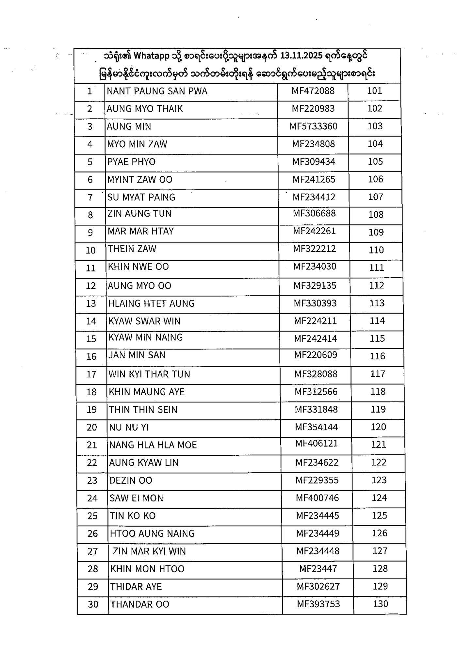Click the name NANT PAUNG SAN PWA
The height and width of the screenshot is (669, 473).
[157, 91]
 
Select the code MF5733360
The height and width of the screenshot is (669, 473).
[313, 126]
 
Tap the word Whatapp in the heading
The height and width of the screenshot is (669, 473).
[152, 56]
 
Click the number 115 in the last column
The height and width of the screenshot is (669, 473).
[377, 338]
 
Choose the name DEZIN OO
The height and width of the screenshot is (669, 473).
[131, 481]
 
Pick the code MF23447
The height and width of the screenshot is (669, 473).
[318, 569]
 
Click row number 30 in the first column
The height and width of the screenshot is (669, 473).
[93, 604]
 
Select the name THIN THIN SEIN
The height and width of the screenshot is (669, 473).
[143, 410]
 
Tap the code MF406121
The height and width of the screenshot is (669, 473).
[317, 443]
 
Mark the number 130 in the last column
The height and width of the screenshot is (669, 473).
[381, 604]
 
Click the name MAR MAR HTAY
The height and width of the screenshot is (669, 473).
[141, 231]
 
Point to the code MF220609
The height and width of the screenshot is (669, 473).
[316, 355]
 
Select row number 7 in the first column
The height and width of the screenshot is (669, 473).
[90, 197]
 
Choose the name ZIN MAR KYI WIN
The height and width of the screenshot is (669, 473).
[149, 551]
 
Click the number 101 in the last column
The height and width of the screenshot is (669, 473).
[375, 91]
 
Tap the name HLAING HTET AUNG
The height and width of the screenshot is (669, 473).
[152, 303]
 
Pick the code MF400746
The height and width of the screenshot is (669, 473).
[318, 498]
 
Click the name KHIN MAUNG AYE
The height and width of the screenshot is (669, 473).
[147, 392]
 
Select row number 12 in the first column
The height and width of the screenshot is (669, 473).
[91, 286]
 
